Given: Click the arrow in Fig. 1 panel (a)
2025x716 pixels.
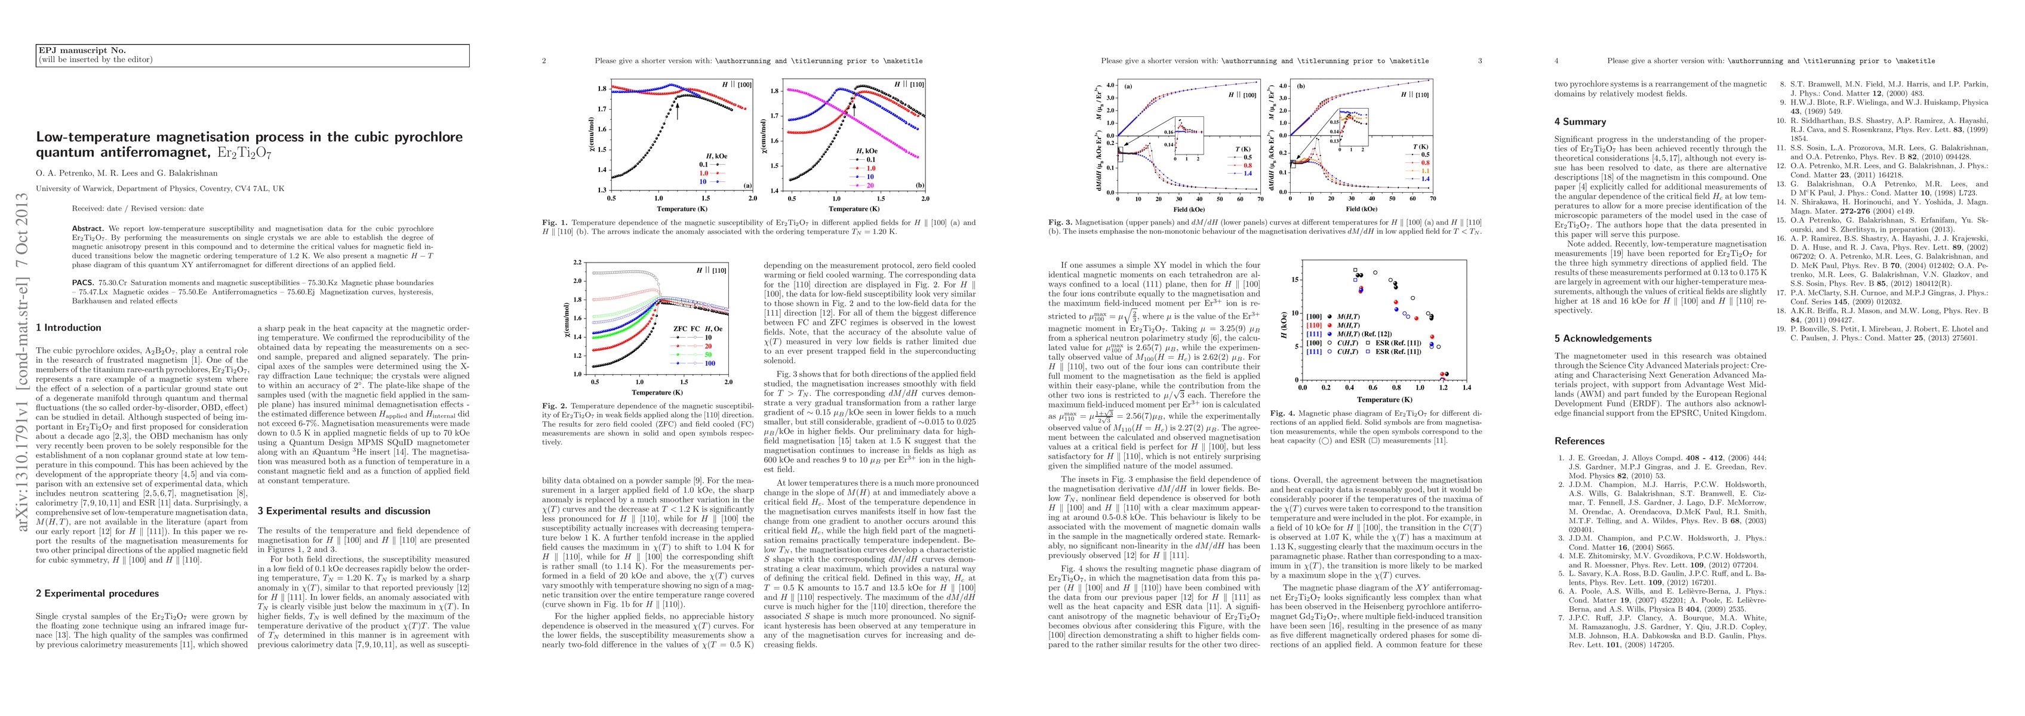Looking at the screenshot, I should pos(677,107).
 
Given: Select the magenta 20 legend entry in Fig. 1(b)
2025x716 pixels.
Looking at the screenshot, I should pos(871,185).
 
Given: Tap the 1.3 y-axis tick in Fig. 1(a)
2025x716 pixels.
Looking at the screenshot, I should pos(602,189).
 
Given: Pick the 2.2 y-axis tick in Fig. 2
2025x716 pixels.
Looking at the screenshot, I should pos(578,262).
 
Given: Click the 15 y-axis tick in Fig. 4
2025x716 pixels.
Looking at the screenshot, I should pos(1296,280).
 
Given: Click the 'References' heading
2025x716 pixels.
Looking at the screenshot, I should pos(1579,441).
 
